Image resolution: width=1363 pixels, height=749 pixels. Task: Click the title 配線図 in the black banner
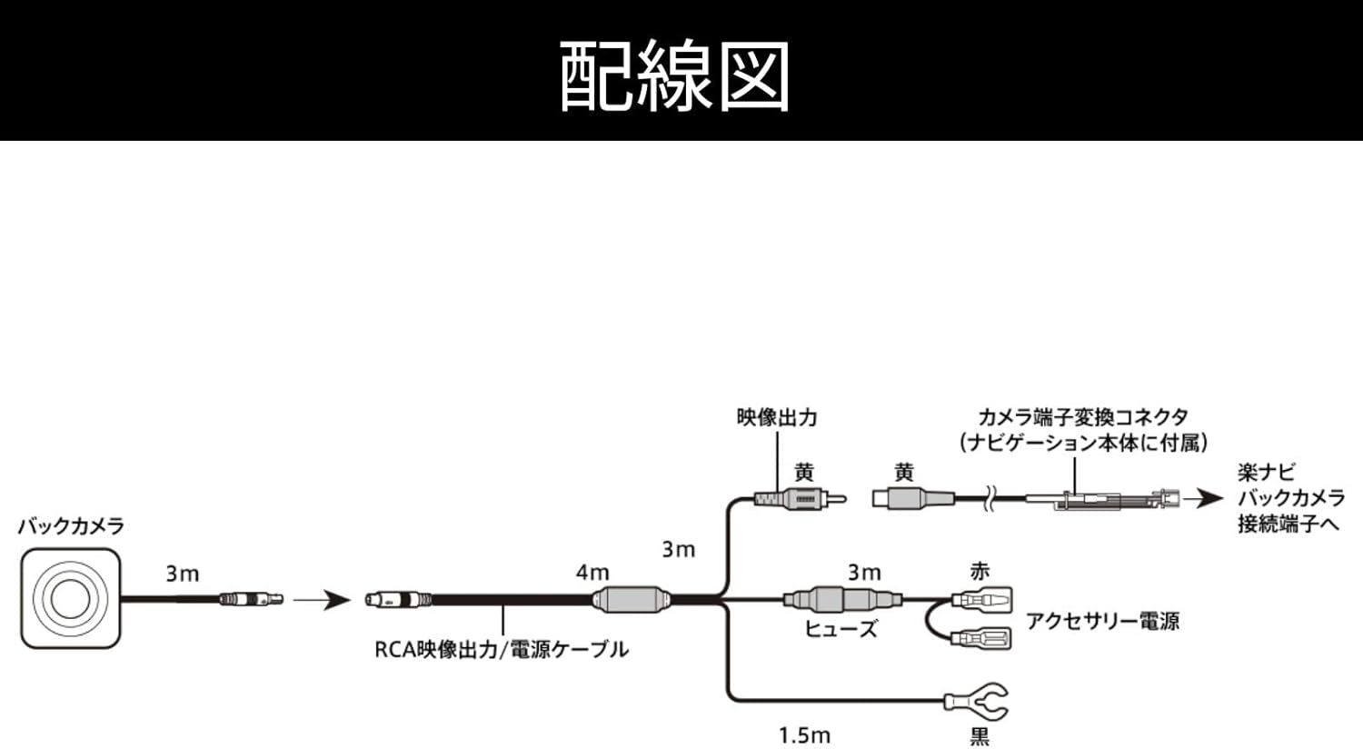674,76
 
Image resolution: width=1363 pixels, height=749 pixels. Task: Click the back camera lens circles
71,599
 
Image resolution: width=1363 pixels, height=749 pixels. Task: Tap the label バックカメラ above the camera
71,526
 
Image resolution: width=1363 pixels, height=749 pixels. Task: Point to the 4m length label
592,573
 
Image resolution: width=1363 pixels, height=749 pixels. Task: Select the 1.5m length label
804,735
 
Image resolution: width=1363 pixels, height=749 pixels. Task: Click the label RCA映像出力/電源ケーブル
502,650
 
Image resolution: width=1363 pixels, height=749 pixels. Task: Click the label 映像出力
777,417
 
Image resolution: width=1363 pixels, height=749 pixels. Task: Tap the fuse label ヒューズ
841,628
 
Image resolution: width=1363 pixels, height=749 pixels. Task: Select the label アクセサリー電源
1102,621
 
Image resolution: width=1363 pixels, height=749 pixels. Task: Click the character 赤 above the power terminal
980,572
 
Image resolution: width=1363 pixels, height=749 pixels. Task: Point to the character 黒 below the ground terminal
980,737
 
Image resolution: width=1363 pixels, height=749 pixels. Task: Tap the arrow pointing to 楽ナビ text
1204,499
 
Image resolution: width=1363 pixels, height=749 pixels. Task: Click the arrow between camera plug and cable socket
323,600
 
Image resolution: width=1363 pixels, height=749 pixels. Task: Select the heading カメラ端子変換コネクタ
1084,417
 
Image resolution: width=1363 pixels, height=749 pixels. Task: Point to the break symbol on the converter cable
990,499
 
